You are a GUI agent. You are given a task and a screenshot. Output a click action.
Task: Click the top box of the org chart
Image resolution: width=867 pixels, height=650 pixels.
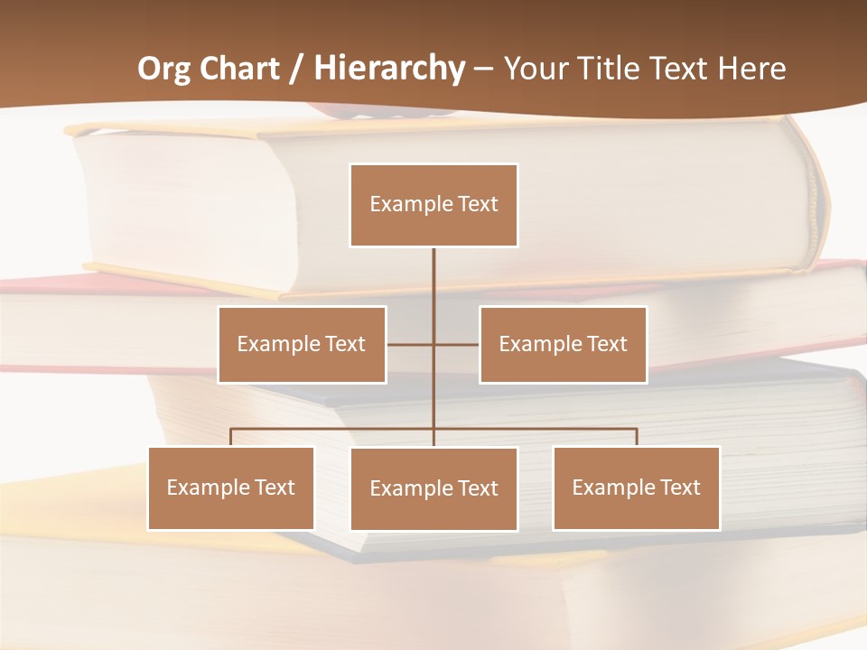point(433,205)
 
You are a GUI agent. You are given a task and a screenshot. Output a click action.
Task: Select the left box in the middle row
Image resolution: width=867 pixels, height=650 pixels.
point(302,344)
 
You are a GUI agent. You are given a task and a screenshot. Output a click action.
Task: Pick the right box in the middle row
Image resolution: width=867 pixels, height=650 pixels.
point(563,344)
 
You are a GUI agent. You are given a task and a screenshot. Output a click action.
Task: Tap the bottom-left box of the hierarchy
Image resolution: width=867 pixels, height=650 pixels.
point(231,487)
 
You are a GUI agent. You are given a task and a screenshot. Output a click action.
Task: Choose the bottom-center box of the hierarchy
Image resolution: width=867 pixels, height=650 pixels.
point(433,488)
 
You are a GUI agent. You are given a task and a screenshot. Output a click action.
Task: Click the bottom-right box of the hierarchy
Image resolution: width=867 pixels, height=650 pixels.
point(636,487)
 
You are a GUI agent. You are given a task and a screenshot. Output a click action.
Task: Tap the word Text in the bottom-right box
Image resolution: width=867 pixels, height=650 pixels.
point(680,487)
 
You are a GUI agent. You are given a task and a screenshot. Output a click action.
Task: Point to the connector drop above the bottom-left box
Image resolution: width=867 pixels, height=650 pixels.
point(231,437)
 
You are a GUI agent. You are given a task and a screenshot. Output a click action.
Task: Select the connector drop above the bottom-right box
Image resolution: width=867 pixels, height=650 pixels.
point(637,437)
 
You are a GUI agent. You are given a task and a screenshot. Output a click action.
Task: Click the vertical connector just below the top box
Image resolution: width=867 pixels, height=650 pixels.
point(433,271)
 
